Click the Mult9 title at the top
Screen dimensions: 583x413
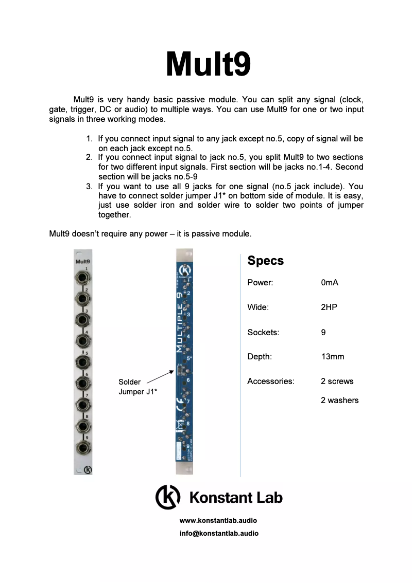pos(208,65)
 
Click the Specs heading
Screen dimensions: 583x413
pos(265,261)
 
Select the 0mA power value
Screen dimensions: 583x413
pos(329,283)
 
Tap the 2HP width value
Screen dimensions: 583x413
pos(329,307)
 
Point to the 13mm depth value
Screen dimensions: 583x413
pos(332,357)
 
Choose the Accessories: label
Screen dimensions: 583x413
pos(270,381)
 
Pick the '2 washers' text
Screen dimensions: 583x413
pos(339,400)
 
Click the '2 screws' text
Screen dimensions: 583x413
pos(337,381)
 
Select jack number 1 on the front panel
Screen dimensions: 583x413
pos(82,278)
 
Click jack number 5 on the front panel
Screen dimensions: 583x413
pos(82,362)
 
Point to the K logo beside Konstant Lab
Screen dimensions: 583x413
pos(168,497)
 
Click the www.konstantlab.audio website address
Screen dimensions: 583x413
pos(218,521)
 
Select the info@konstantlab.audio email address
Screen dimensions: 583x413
pos(219,534)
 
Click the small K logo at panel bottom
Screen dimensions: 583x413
pos(87,469)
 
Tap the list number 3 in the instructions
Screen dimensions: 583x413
pos(90,187)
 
